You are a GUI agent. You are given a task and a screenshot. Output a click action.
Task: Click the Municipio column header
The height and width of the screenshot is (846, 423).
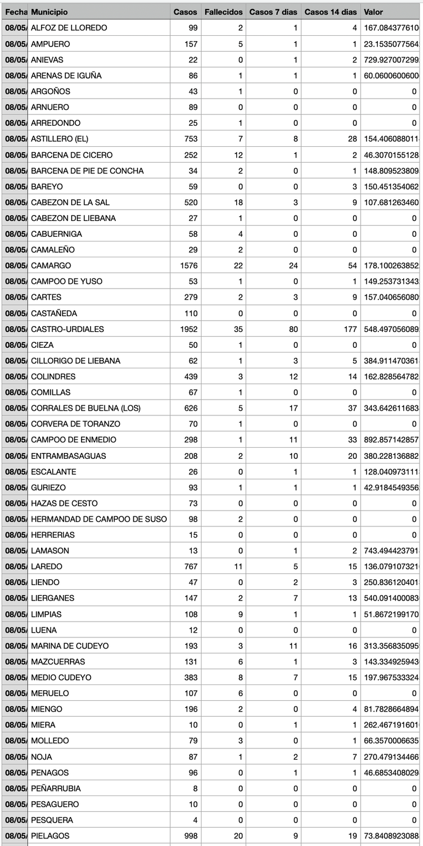click(x=49, y=12)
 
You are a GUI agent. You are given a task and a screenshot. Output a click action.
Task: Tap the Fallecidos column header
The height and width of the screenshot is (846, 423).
click(x=223, y=12)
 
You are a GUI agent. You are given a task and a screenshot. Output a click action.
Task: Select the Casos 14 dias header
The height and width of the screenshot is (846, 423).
click(x=331, y=12)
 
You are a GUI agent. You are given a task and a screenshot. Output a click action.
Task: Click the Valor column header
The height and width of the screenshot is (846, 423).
click(x=374, y=12)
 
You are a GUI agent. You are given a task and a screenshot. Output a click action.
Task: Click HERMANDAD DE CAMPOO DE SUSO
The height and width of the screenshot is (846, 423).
click(x=99, y=519)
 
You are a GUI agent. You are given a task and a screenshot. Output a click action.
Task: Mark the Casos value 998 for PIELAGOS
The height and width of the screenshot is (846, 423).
click(x=189, y=836)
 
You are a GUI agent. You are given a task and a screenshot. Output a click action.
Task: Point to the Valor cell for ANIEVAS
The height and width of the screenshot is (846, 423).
click(x=391, y=60)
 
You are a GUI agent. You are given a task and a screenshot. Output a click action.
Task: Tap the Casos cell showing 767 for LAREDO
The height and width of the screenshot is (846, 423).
click(x=189, y=567)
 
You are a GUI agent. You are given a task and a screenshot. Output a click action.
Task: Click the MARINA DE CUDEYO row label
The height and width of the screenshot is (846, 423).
click(x=70, y=646)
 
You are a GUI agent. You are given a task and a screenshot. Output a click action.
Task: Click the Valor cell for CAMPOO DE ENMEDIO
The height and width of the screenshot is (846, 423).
click(x=391, y=440)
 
